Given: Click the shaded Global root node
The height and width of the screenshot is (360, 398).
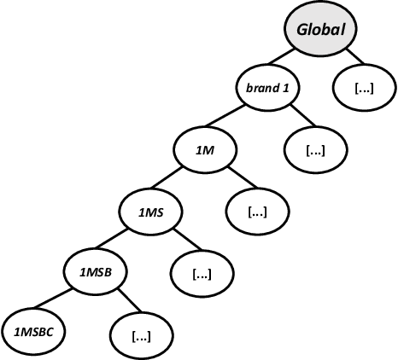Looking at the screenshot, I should click(x=320, y=29).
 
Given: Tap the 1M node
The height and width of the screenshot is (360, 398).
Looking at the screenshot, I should click(x=206, y=150).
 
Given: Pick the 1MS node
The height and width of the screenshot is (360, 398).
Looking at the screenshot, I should click(x=150, y=212).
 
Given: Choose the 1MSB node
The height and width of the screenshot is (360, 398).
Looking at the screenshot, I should click(x=96, y=274).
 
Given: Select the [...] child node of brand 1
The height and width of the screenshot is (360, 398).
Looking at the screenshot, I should click(x=315, y=150).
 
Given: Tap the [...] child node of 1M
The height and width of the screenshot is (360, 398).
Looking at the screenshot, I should click(x=257, y=212).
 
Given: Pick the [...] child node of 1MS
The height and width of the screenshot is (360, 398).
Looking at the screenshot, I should click(x=202, y=274).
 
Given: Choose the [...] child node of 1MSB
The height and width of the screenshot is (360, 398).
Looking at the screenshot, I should click(x=142, y=334).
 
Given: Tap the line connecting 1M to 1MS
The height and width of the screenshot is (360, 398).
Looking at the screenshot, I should click(x=179, y=181).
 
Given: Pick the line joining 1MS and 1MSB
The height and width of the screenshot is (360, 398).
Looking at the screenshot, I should click(x=123, y=243).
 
